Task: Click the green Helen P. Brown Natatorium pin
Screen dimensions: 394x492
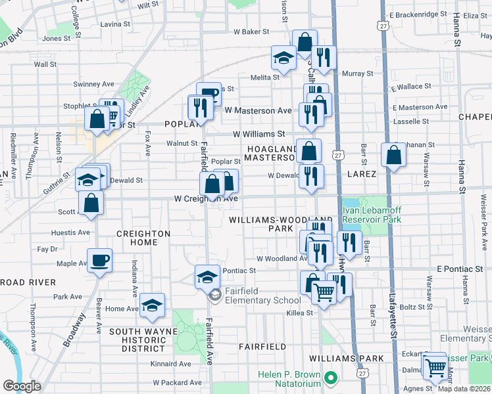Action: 332,379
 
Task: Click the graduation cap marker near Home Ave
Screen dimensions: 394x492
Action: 152,305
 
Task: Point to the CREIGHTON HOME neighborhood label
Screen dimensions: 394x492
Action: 143,238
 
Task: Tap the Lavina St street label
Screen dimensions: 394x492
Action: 116,24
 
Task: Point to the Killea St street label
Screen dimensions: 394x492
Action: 299,313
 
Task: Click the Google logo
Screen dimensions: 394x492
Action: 22,386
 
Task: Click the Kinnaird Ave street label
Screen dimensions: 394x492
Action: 170,364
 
